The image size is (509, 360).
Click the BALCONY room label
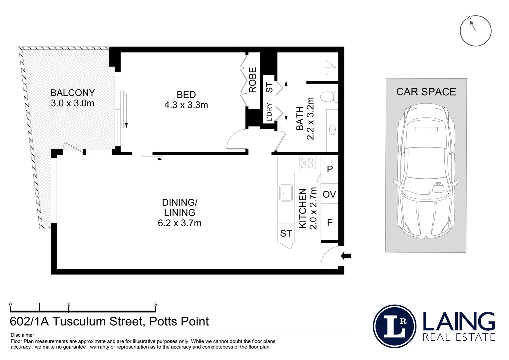[73, 93]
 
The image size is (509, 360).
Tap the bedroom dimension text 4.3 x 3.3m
[186, 105]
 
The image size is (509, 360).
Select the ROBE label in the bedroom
[253, 80]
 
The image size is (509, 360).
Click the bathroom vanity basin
[333, 130]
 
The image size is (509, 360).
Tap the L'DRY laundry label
[269, 112]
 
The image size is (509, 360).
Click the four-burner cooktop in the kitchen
[307, 163]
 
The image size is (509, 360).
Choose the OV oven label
[329, 194]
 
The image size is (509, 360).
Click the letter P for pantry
[330, 169]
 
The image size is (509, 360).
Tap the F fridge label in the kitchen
[329, 222]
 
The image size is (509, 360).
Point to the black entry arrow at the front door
[346, 256]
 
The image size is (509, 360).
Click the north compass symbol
[476, 31]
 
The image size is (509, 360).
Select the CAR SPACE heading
[426, 92]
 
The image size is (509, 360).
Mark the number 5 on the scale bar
[156, 304]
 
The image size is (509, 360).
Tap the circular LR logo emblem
[395, 326]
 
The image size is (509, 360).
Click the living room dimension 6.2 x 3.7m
[180, 223]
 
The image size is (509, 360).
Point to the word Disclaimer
[22, 335]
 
